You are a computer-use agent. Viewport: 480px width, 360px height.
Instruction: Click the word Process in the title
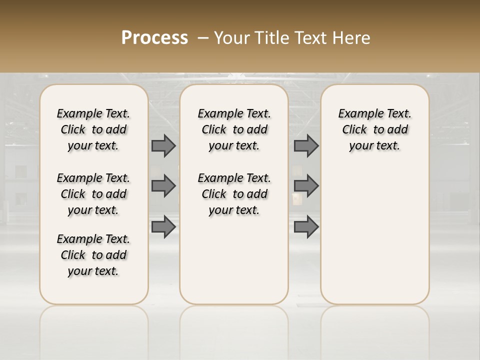click(x=154, y=38)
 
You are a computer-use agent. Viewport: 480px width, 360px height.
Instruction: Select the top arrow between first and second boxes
click(x=163, y=145)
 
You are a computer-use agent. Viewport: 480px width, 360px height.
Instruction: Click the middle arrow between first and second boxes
click(x=163, y=186)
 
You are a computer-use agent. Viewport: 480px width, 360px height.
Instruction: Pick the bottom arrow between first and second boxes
click(x=163, y=226)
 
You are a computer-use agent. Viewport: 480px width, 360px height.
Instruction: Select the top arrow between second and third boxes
click(x=306, y=145)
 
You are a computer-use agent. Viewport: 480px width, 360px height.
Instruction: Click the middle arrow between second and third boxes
click(x=306, y=186)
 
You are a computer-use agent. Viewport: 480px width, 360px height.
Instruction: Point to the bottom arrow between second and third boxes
click(x=306, y=226)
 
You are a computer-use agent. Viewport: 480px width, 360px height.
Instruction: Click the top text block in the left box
click(x=93, y=129)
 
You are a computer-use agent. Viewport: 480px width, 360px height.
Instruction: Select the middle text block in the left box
click(x=93, y=194)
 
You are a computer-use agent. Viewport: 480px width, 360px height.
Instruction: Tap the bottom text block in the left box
click(x=93, y=255)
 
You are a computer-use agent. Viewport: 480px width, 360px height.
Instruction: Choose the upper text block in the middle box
click(x=234, y=129)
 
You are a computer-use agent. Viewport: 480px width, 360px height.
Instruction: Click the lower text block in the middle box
click(x=234, y=194)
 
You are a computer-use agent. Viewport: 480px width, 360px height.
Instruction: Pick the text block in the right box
click(x=374, y=129)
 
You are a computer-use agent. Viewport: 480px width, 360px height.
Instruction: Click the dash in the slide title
click(x=203, y=38)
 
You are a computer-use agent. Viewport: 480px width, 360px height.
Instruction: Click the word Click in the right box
click(x=354, y=130)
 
